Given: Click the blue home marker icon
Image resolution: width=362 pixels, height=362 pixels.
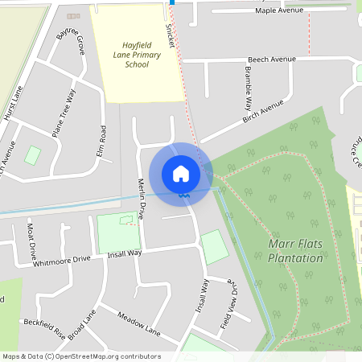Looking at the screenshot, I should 181,172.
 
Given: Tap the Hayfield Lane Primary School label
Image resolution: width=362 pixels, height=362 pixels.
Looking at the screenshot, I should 137,55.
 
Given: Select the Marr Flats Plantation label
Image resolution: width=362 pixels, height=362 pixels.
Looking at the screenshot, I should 295,249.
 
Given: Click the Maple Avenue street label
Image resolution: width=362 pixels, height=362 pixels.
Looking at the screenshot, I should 279,10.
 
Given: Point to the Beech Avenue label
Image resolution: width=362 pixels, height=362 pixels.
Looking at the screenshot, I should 272,60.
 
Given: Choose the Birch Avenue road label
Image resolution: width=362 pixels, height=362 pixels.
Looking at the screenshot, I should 263,113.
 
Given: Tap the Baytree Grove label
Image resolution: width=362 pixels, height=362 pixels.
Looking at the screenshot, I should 71,41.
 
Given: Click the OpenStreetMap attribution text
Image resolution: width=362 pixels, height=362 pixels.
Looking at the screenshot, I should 80,356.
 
